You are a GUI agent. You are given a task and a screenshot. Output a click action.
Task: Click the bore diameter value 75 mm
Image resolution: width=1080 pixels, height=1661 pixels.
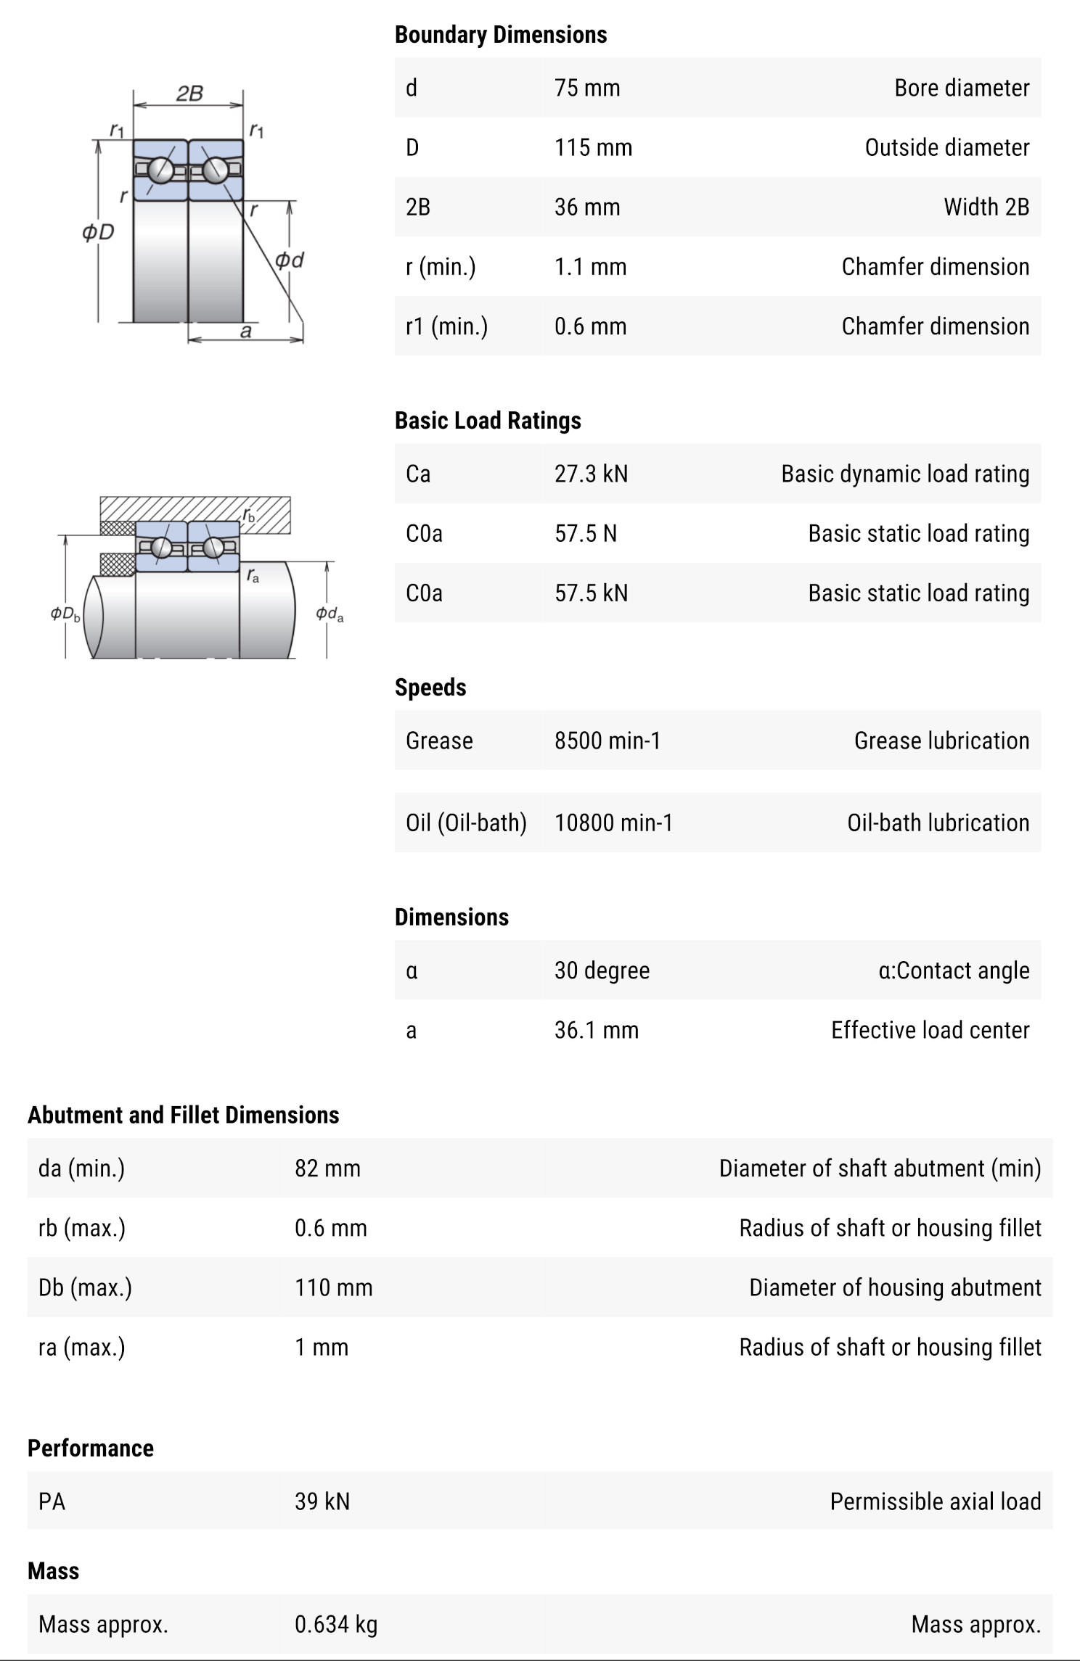point(586,88)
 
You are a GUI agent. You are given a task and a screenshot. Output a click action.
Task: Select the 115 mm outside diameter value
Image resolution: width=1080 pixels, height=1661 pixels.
point(593,147)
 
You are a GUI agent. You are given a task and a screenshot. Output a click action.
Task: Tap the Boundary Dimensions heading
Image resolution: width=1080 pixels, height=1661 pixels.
point(500,35)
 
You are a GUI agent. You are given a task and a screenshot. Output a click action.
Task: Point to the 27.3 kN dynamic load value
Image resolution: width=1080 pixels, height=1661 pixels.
point(591,474)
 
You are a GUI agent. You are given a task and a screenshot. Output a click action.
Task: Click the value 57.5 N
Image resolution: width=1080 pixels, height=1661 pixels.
point(585,533)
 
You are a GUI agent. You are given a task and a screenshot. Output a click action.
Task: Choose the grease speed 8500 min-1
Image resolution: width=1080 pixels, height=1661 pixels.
point(607,741)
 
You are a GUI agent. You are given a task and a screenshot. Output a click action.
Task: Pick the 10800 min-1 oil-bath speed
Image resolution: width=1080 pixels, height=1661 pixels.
point(613,823)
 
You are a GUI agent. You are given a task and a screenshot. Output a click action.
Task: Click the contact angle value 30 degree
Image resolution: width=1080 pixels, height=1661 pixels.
point(602,970)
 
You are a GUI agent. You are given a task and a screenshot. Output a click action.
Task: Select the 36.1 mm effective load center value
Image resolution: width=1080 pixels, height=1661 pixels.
point(596,1030)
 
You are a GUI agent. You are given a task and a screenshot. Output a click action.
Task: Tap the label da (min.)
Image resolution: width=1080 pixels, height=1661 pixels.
point(81,1169)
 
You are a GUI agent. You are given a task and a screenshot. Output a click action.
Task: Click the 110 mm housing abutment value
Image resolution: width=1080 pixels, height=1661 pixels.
point(333,1287)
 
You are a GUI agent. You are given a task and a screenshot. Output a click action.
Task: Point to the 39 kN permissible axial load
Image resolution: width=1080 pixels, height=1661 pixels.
point(322,1501)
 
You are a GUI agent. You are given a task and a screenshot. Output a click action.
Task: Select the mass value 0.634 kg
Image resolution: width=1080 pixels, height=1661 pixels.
point(335,1625)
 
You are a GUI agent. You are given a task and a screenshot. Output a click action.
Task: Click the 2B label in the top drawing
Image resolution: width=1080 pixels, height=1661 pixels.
point(189,94)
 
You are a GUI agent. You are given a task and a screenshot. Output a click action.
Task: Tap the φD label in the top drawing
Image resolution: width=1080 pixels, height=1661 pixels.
point(98,232)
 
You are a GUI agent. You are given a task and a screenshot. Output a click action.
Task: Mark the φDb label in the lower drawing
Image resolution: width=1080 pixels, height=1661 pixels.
point(65,614)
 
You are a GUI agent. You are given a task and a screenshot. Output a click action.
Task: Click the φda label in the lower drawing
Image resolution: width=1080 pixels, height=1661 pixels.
point(330,614)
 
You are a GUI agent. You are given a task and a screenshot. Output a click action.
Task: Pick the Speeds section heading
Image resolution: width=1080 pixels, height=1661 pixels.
point(430,688)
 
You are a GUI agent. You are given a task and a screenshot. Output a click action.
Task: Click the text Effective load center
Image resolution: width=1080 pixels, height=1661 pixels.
point(930,1030)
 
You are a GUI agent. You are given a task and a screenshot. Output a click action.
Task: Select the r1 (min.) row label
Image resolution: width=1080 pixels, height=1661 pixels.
point(446,326)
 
